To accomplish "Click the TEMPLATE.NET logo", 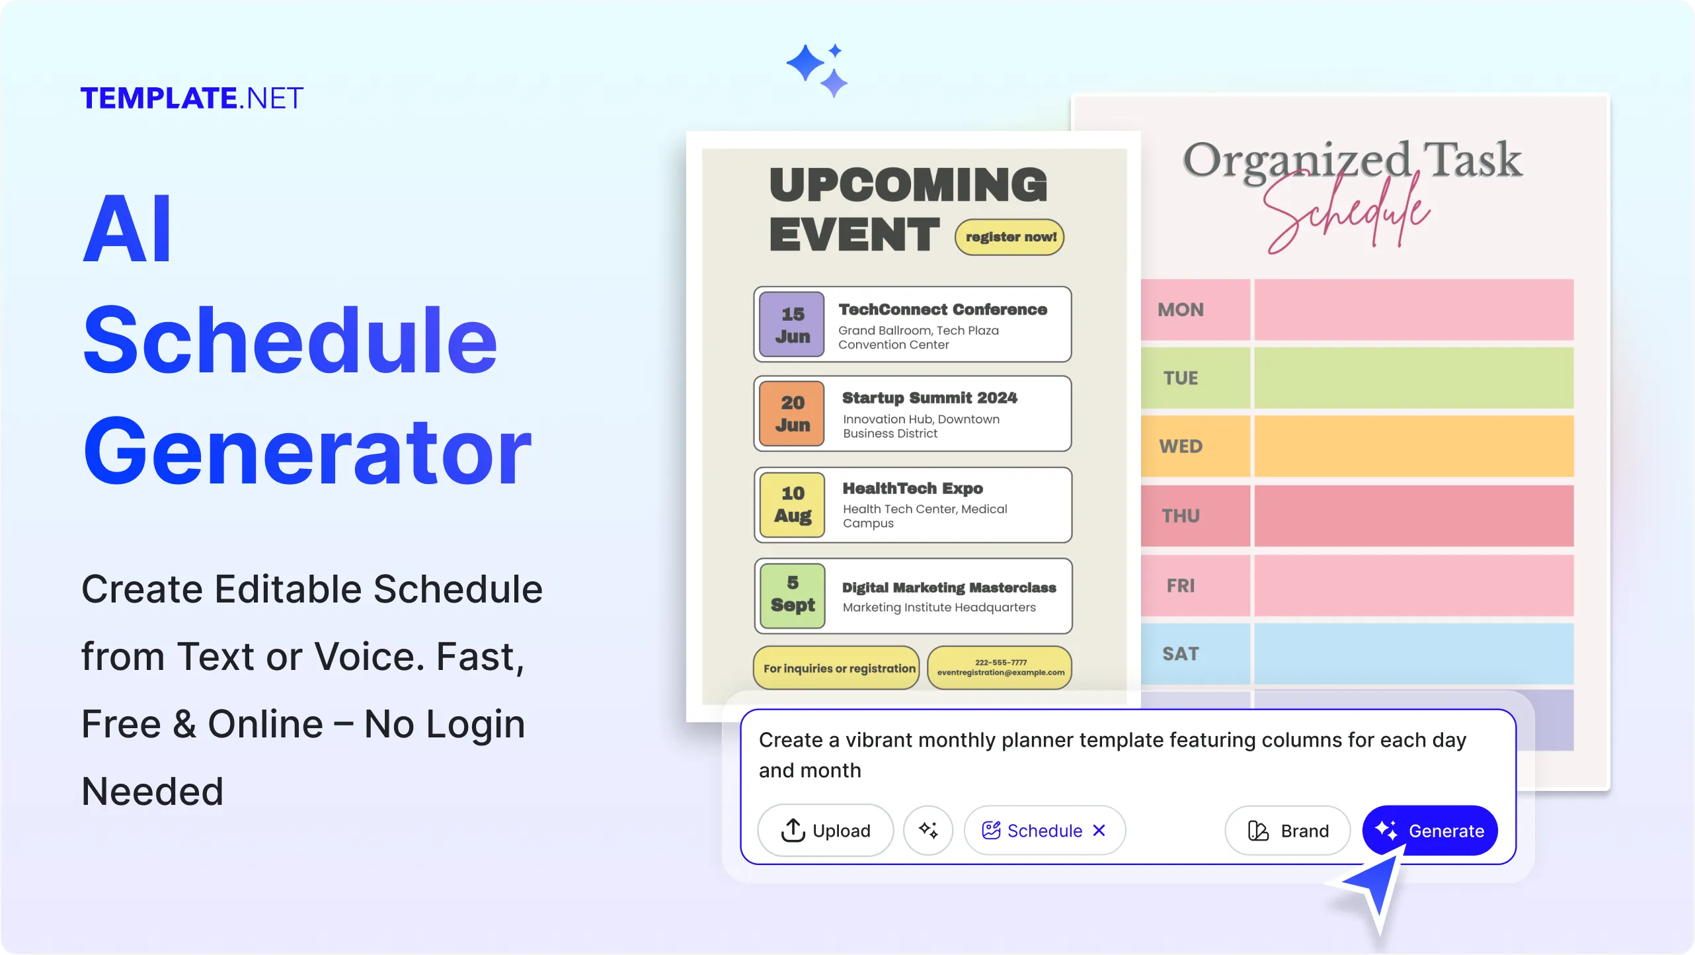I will click(192, 99).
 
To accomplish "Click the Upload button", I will click(825, 831).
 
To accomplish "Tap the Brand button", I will click(1287, 831).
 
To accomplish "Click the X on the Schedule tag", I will click(1099, 831).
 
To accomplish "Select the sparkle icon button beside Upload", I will click(928, 831).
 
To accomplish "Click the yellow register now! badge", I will click(1009, 237).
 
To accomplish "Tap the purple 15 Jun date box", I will click(792, 325).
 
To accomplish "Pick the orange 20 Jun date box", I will click(792, 413).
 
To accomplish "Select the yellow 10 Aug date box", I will click(792, 504).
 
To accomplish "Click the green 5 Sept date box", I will click(792, 595).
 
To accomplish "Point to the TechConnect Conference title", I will click(943, 310).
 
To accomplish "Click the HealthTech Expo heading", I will click(912, 488).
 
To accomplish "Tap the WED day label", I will click(1181, 446).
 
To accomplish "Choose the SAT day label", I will click(1181, 654).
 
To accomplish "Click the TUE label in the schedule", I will click(1181, 378).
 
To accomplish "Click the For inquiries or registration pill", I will click(838, 668).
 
